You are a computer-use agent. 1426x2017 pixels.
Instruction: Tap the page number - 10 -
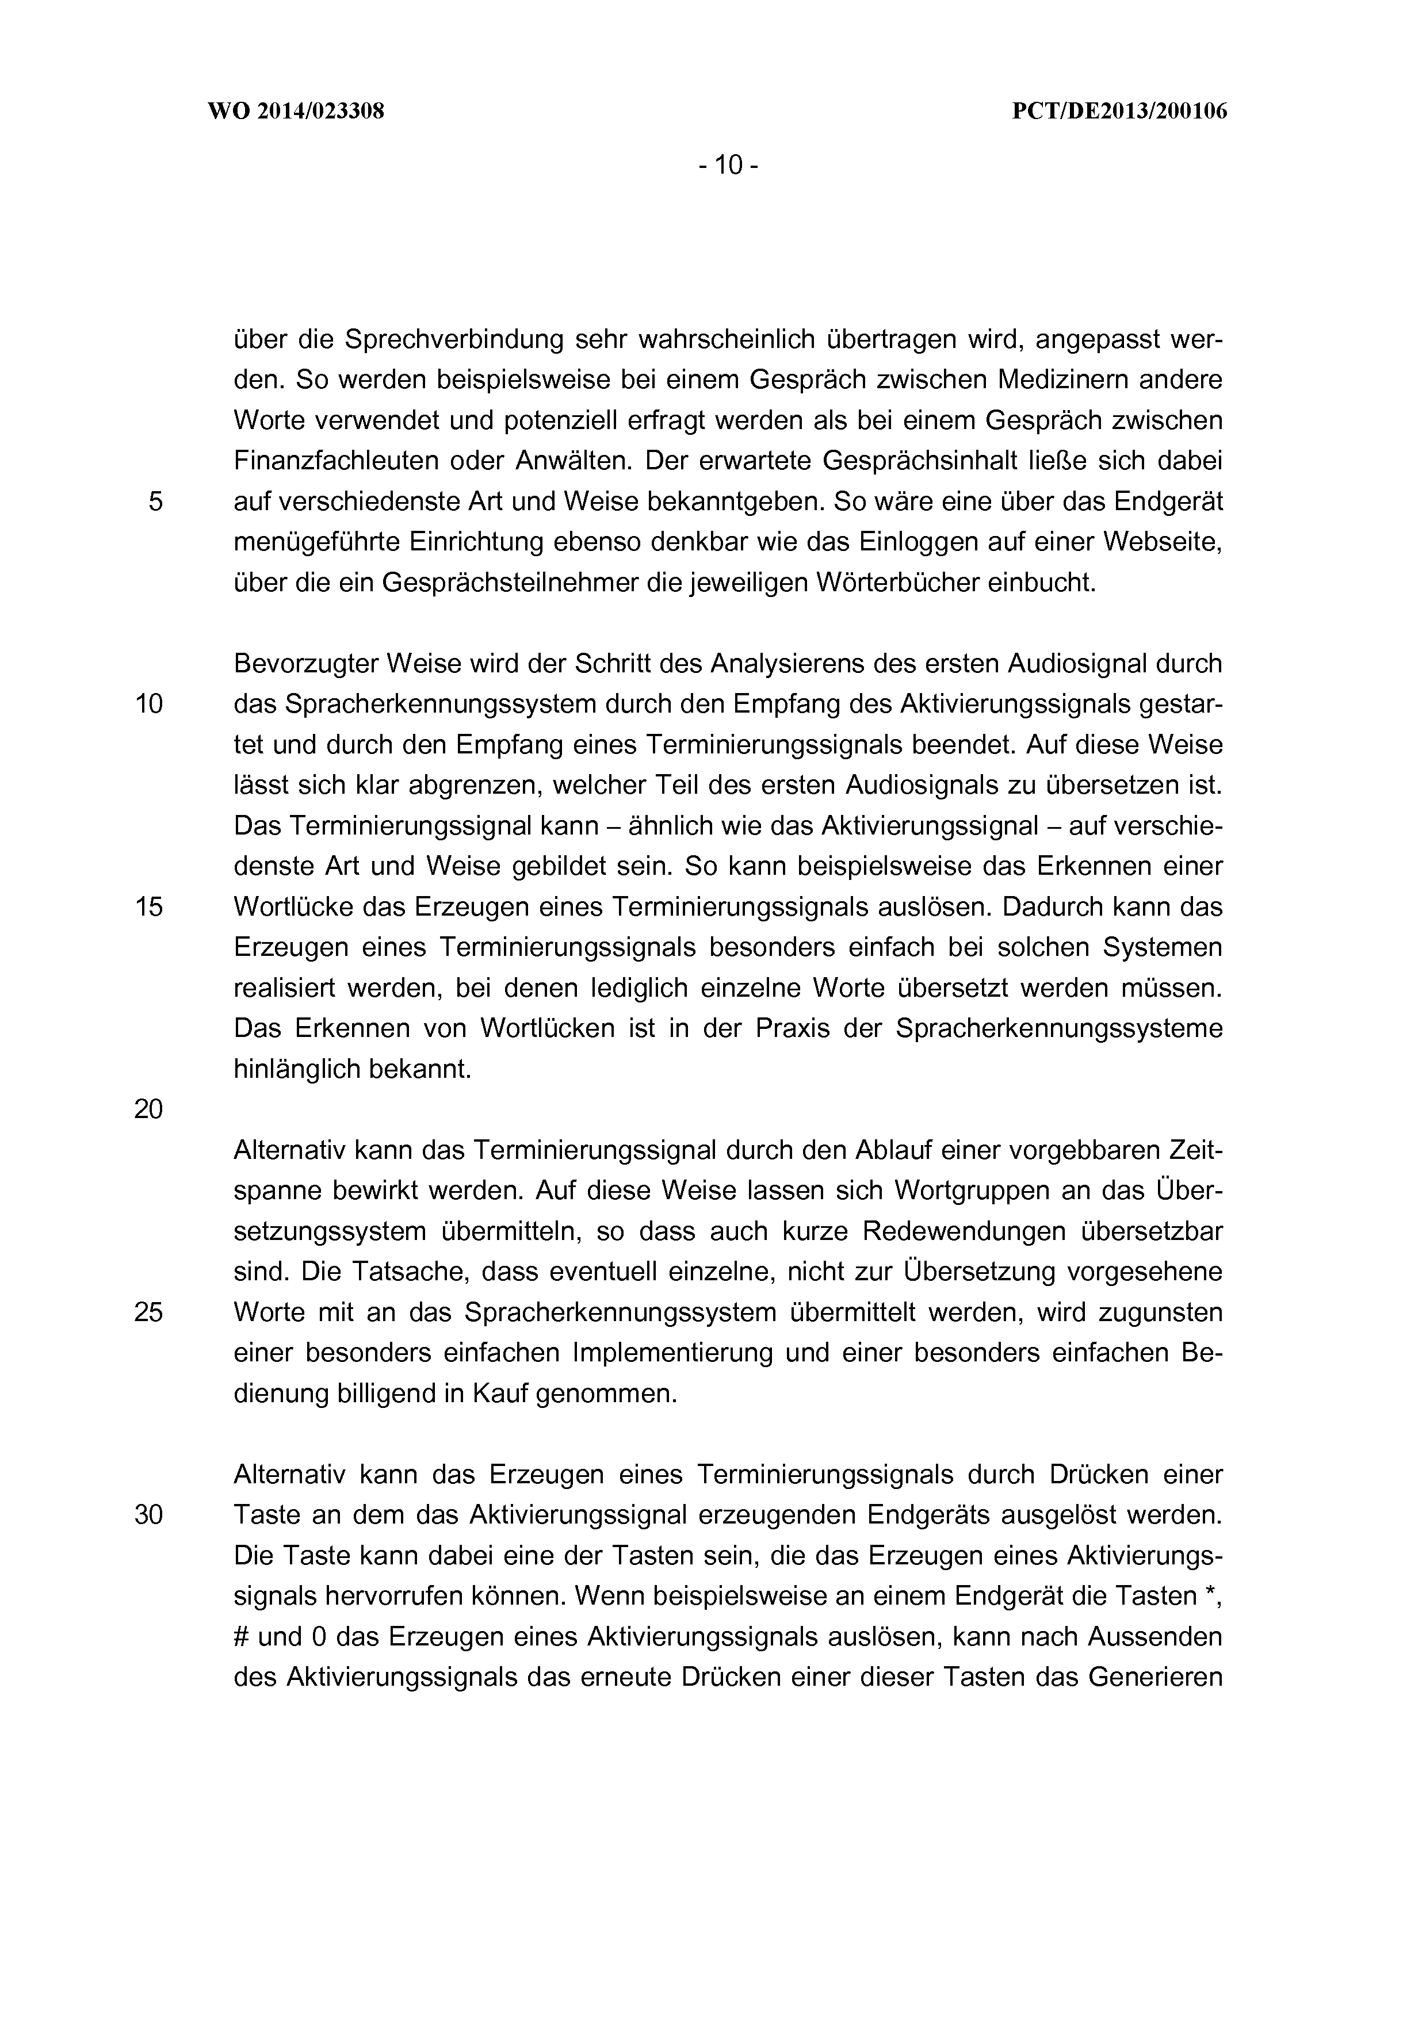(728, 164)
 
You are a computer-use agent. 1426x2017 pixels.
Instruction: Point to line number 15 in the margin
(148, 906)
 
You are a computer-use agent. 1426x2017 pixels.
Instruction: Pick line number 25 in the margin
(148, 1312)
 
